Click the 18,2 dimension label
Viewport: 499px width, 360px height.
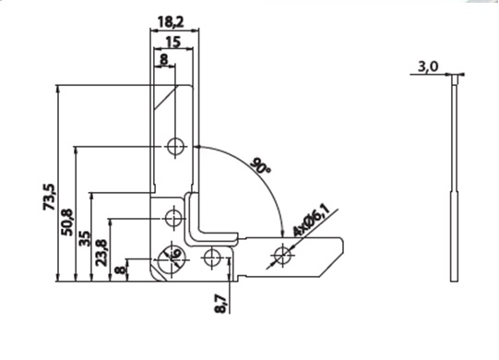pos(171,22)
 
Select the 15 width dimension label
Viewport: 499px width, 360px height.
pos(173,42)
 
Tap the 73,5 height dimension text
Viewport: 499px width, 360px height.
pos(49,197)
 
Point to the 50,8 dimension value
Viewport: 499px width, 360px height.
pos(67,222)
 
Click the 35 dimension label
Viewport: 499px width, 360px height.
pos(84,238)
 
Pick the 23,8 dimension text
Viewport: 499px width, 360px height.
pos(101,253)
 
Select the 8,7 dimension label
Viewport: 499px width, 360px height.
pos(221,305)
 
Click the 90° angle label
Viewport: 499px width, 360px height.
pos(261,165)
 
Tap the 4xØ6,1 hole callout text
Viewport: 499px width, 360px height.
pos(310,220)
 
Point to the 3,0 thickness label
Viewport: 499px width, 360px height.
pos(428,66)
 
